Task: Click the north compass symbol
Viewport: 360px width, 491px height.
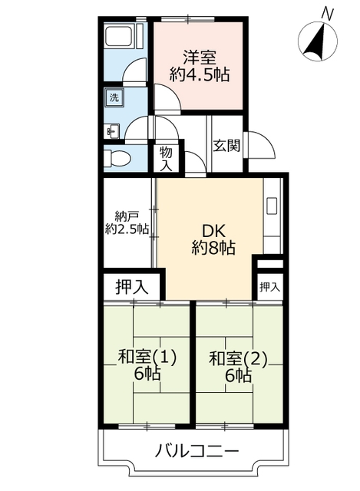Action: (x=317, y=41)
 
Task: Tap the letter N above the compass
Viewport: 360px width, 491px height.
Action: (x=328, y=14)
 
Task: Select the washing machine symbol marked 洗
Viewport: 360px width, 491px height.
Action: (x=114, y=97)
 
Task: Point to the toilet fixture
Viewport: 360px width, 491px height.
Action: (x=117, y=159)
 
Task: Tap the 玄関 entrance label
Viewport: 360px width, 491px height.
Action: (x=227, y=146)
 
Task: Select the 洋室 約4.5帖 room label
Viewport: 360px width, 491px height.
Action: (x=200, y=66)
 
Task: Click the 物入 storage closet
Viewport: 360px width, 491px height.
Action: (x=166, y=159)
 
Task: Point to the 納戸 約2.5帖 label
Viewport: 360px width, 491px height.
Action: (x=127, y=223)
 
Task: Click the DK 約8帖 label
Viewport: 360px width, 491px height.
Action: (x=213, y=239)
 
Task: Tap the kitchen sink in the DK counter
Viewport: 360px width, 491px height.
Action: (x=272, y=206)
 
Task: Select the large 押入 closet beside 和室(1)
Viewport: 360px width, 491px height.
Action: (x=132, y=286)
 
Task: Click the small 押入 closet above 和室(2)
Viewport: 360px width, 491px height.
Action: (x=269, y=287)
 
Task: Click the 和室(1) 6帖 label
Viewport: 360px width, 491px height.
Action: (x=147, y=365)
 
